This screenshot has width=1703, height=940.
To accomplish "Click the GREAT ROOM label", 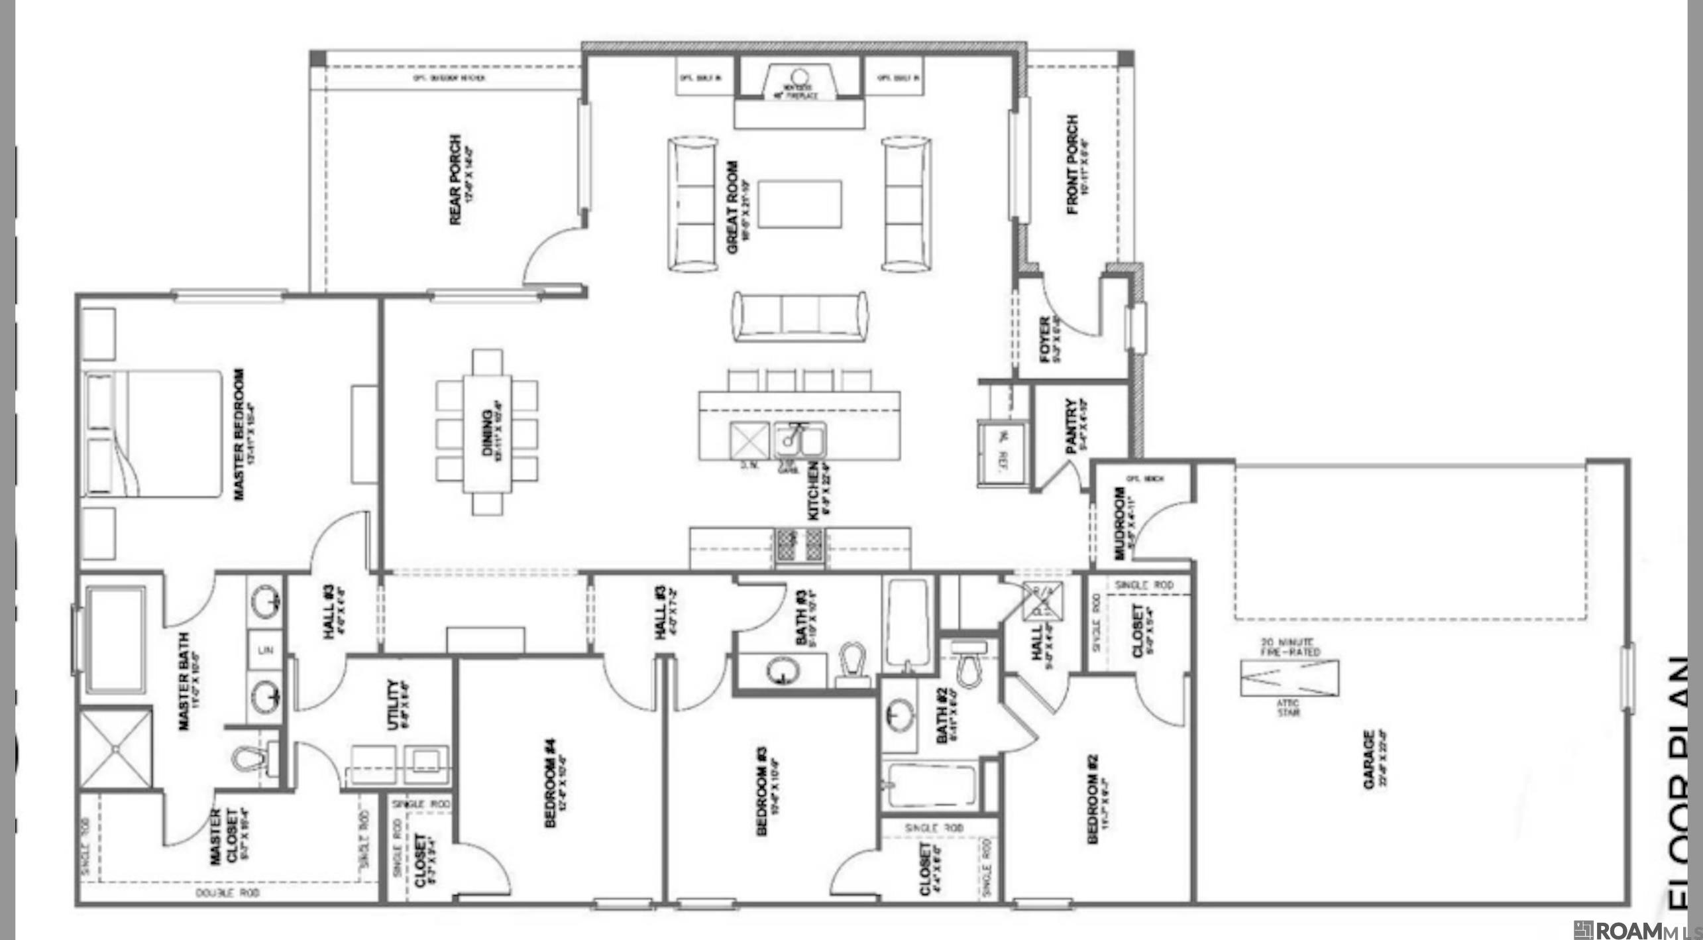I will click(732, 206).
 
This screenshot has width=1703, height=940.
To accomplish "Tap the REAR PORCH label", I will click(456, 180).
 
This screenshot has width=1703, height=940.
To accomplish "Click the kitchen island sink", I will click(798, 439).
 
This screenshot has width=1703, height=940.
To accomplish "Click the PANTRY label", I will click(1071, 426).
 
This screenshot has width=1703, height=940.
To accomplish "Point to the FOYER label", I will click(1045, 339).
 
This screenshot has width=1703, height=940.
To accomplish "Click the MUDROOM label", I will click(1119, 524).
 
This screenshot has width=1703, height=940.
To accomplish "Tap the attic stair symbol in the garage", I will click(1289, 678).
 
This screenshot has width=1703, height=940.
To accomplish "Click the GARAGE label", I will click(1369, 760).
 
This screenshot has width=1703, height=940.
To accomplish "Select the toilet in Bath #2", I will click(969, 664).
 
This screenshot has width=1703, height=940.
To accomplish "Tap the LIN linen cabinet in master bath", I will click(266, 650).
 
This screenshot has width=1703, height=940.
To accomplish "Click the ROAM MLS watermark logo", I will click(1634, 930).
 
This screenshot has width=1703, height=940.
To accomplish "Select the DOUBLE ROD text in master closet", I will click(227, 893).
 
